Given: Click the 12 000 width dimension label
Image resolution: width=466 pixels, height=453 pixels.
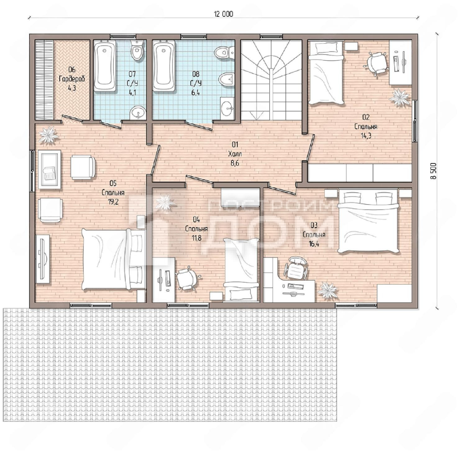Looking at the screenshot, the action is [x=223, y=14].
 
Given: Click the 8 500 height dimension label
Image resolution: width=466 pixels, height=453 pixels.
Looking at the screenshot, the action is [x=433, y=171].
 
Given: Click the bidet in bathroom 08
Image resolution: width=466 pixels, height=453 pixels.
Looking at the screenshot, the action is [x=226, y=79].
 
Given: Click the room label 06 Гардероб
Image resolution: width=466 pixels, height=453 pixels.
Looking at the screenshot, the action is [x=72, y=79].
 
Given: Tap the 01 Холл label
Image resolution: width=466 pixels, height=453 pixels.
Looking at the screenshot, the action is [x=235, y=154].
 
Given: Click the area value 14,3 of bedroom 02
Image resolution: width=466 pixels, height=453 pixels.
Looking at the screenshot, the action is [x=366, y=136].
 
